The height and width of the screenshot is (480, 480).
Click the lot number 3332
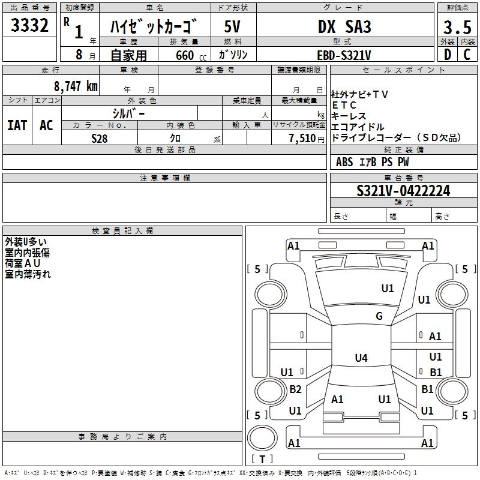[x=29, y=25]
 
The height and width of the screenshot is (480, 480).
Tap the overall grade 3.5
[x=457, y=27]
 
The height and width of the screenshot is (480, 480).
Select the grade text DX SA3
[x=344, y=26]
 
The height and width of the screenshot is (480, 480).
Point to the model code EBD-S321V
[x=344, y=55]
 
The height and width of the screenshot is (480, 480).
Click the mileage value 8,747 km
[x=76, y=86]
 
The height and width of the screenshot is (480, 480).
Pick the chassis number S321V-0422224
[x=403, y=191]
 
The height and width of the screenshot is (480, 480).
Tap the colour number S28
[x=100, y=139]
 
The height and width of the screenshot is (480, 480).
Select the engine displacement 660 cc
[x=191, y=55]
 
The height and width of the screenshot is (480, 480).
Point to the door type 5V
[x=232, y=26]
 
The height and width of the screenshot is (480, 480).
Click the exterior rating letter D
[x=448, y=55]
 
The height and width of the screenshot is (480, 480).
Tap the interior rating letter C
[x=467, y=55]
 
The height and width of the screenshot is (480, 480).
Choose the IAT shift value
[x=17, y=125]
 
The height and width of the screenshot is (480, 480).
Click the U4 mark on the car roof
[x=361, y=358]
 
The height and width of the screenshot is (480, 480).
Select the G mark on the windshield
[x=379, y=316]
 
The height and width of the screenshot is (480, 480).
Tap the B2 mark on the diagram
[x=295, y=389]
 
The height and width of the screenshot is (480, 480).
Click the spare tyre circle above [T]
[x=262, y=438]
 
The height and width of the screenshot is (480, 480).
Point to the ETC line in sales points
[x=344, y=106]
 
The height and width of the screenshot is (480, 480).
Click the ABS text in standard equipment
[x=344, y=162]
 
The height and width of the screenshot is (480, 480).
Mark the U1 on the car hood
[x=388, y=289]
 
